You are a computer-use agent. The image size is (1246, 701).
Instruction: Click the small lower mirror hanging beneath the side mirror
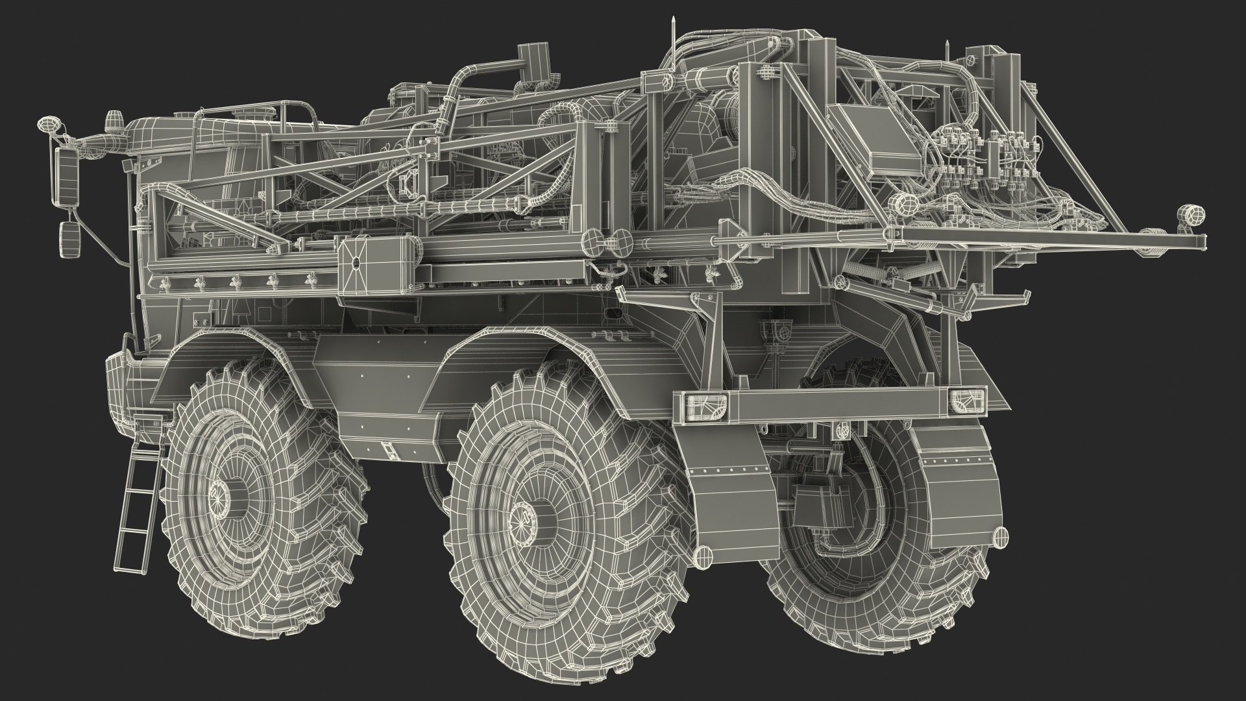(x=67, y=232)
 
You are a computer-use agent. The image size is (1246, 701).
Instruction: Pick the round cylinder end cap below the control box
(x=902, y=204)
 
